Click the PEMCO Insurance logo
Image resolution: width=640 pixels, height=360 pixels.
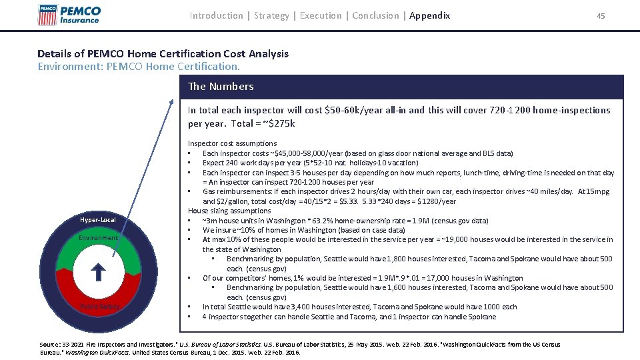[69, 14]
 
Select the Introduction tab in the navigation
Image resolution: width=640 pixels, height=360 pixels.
[216, 15]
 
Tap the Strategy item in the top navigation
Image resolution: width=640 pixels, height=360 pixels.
[271, 15]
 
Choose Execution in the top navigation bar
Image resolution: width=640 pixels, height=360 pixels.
[321, 15]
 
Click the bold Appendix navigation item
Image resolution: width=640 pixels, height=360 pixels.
[429, 15]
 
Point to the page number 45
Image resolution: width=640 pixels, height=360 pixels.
[601, 16]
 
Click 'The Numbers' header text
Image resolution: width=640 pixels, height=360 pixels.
[221, 86]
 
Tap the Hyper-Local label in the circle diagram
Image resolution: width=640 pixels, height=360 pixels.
[98, 220]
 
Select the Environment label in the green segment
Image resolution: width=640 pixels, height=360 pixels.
[97, 238]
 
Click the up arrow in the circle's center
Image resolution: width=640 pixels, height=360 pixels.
[97, 271]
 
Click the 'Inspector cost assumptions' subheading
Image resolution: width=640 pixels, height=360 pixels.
[232, 143]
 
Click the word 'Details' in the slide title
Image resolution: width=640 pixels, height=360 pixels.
[54, 53]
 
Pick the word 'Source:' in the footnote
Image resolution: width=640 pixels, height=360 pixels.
[50, 344]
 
